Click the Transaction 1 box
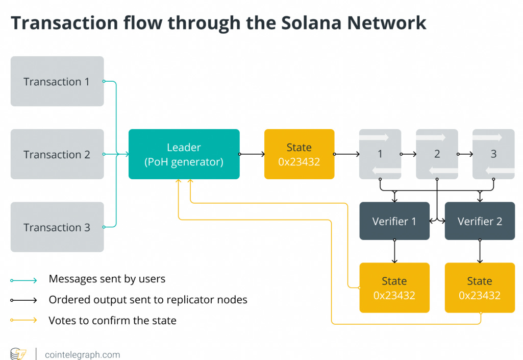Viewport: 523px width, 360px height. coord(57,81)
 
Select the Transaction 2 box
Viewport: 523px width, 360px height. coord(57,154)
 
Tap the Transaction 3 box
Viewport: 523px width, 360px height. coord(57,227)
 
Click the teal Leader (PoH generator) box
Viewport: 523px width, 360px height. coord(184,154)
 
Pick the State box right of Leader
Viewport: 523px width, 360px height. coord(299,154)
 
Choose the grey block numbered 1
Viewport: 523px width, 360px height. coord(380,154)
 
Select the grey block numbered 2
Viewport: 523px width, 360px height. coord(437,154)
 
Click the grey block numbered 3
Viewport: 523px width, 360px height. coord(493,154)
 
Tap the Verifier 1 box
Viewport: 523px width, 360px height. coord(394,221)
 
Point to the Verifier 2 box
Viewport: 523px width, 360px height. coord(480,221)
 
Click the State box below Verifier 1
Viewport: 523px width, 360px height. coord(394,287)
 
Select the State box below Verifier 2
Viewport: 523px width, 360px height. coord(480,287)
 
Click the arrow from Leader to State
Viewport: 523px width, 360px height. coord(252,154)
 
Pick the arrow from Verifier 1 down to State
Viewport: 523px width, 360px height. coord(394,251)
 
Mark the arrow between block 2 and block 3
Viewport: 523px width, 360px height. coord(465,154)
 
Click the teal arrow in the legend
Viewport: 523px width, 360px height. coord(23,280)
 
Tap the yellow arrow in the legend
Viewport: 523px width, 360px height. coord(23,320)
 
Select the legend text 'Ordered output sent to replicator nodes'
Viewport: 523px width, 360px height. coord(148,300)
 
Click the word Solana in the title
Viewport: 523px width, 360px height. coord(311,22)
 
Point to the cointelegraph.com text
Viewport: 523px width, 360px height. coord(82,354)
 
